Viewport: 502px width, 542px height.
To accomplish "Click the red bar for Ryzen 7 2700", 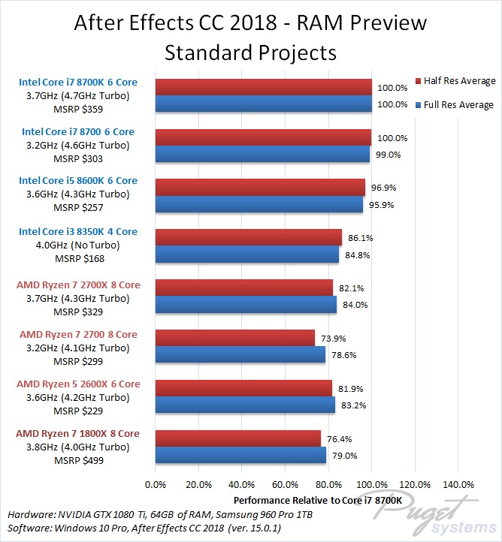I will [x=235, y=338].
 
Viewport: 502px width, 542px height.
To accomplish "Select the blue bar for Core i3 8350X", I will [x=247, y=254].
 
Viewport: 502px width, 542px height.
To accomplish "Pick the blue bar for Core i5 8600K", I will [x=259, y=204].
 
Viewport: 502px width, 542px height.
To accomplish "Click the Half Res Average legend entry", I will [x=455, y=81].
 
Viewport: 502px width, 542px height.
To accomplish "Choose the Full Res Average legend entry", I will [x=455, y=105].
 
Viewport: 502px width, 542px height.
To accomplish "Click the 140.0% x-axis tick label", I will [x=459, y=483].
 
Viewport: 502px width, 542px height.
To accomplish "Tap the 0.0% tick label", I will [x=156, y=483].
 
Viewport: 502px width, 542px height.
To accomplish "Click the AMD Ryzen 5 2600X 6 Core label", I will [x=78, y=384].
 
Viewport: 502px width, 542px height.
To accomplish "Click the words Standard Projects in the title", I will [x=250, y=53].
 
